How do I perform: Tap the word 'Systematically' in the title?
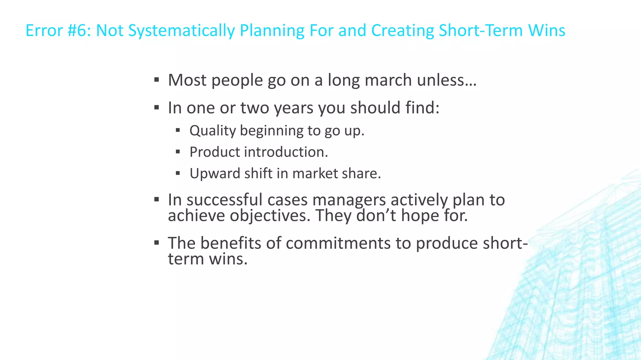click(x=181, y=31)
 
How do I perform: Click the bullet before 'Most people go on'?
click(x=157, y=79)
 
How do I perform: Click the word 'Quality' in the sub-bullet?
click(x=213, y=131)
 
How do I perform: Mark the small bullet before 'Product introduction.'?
click(x=178, y=152)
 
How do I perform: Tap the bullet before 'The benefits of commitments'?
click(x=157, y=242)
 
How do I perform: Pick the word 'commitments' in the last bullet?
click(x=338, y=243)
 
